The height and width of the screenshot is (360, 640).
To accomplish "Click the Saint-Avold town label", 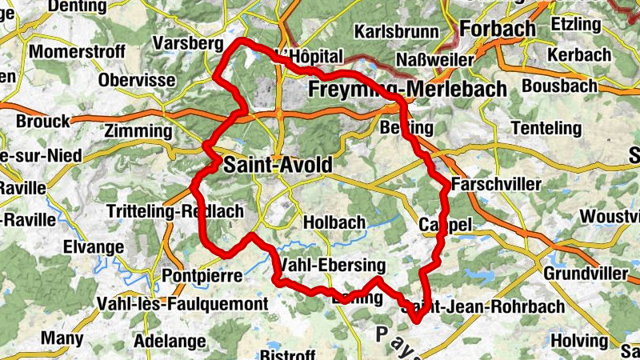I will click(278, 166).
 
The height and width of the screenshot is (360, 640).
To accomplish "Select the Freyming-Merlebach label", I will click(407, 88).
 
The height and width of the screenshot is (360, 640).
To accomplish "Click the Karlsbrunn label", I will click(396, 32).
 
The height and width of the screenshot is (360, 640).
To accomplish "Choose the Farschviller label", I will click(496, 185).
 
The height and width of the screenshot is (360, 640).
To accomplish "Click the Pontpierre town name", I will click(202, 275).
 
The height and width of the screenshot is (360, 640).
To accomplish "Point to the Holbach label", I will click(334, 222).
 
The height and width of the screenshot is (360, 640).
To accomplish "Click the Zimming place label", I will click(138, 130).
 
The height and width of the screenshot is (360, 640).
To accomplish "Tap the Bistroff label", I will click(289, 354).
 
